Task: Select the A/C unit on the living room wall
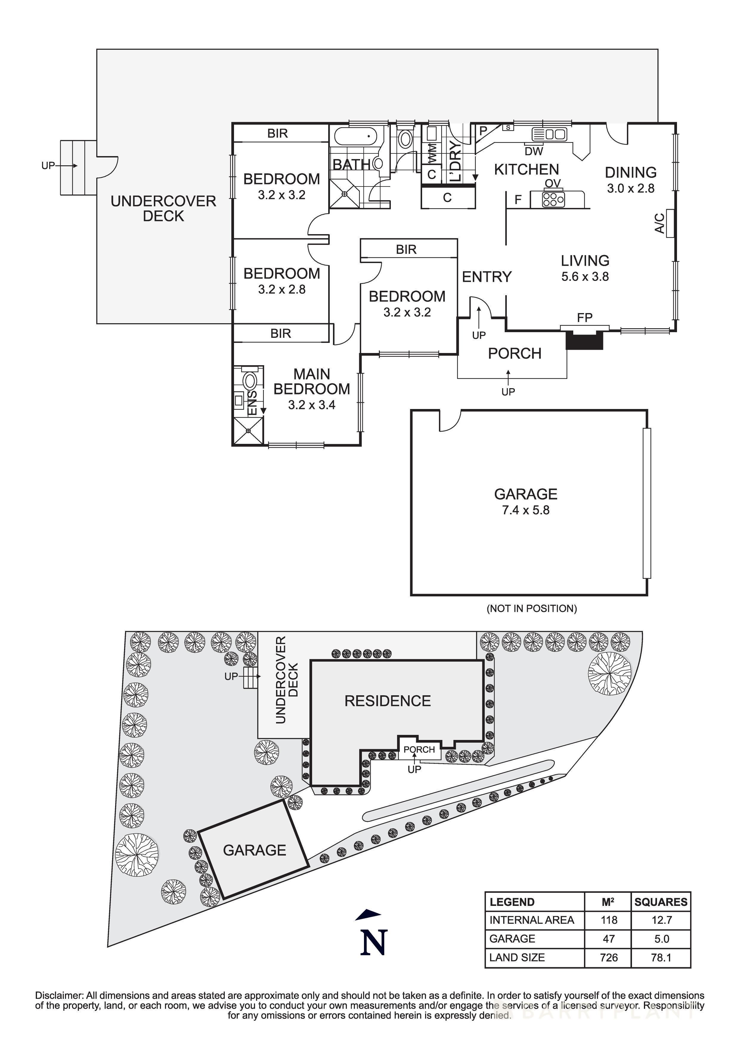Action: click(x=670, y=223)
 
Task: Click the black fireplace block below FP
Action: click(x=584, y=340)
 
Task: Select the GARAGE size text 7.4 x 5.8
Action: click(x=526, y=510)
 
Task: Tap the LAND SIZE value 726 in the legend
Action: click(x=608, y=958)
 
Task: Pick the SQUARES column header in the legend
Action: click(x=661, y=902)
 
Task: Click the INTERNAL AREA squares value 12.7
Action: click(x=661, y=920)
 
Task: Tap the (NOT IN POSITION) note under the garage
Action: click(x=531, y=609)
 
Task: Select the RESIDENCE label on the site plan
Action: click(x=388, y=701)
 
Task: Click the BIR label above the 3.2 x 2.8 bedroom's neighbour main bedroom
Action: click(x=281, y=334)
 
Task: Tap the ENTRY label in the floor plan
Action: click(x=487, y=277)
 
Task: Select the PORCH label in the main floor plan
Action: click(x=515, y=354)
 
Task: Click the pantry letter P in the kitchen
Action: click(x=484, y=130)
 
